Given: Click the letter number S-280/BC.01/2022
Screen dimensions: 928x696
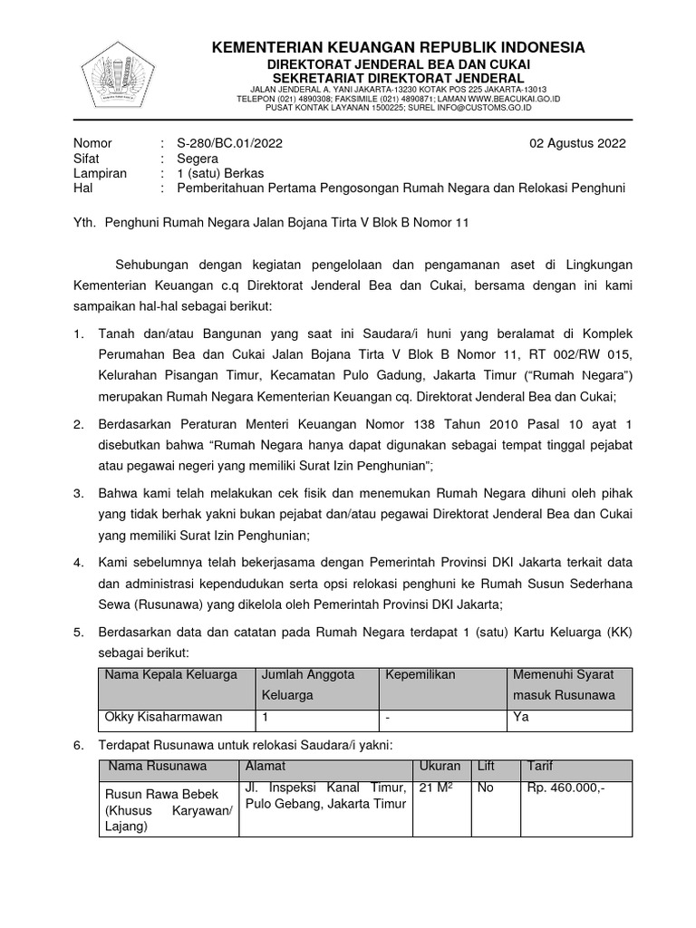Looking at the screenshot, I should [223, 143].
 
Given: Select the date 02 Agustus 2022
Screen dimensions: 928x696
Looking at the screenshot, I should [577, 143].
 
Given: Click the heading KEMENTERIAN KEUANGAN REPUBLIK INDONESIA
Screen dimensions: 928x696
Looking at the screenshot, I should [399, 47].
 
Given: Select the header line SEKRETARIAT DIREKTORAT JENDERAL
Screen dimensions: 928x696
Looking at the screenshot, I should [399, 79].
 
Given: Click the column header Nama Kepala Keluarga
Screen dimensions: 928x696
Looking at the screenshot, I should [171, 675].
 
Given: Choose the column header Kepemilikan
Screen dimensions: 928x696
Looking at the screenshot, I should [420, 675].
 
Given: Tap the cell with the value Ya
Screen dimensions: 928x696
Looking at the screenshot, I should [521, 718].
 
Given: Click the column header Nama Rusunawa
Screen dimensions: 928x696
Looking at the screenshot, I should [158, 767].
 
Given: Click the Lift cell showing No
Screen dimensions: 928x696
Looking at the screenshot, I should [485, 788].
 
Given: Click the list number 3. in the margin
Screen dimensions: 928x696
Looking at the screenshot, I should [79, 494].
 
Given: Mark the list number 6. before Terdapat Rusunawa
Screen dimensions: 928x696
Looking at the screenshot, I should [79, 745].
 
